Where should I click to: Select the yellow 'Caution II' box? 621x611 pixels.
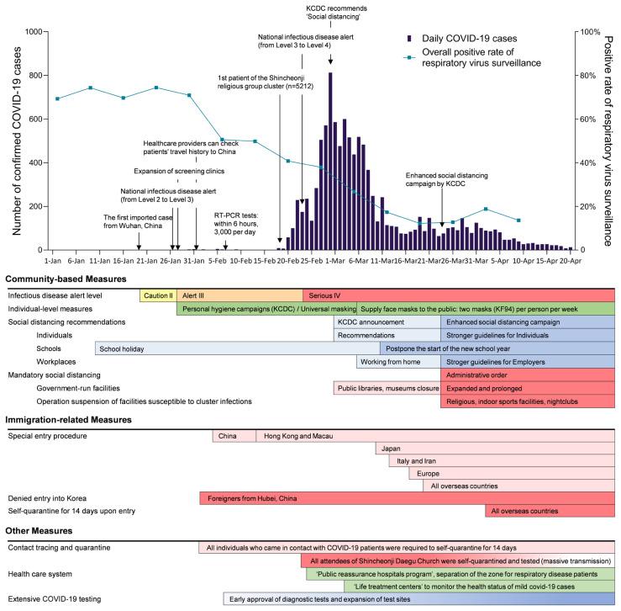pos(158,295)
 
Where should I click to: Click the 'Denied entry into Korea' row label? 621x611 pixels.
pos(51,498)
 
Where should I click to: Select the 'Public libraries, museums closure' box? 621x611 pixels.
pos(387,389)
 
